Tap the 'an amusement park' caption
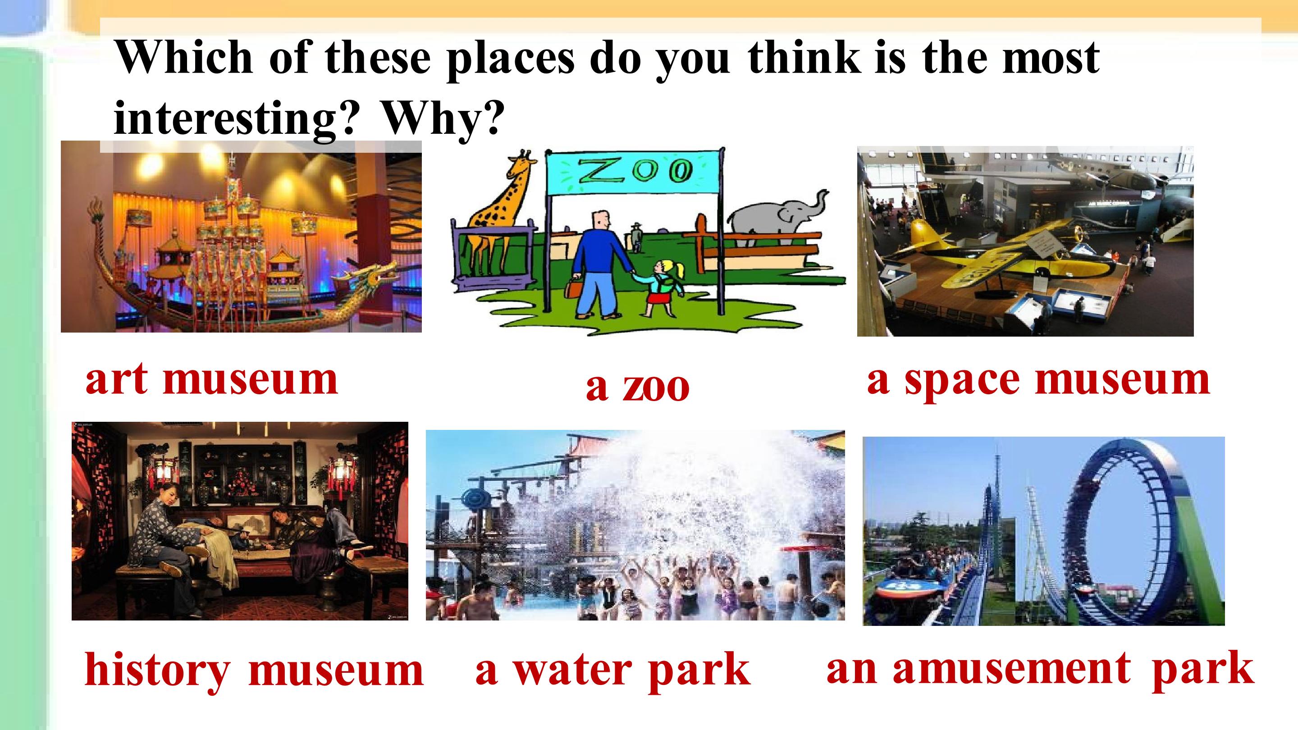pos(1040,668)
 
